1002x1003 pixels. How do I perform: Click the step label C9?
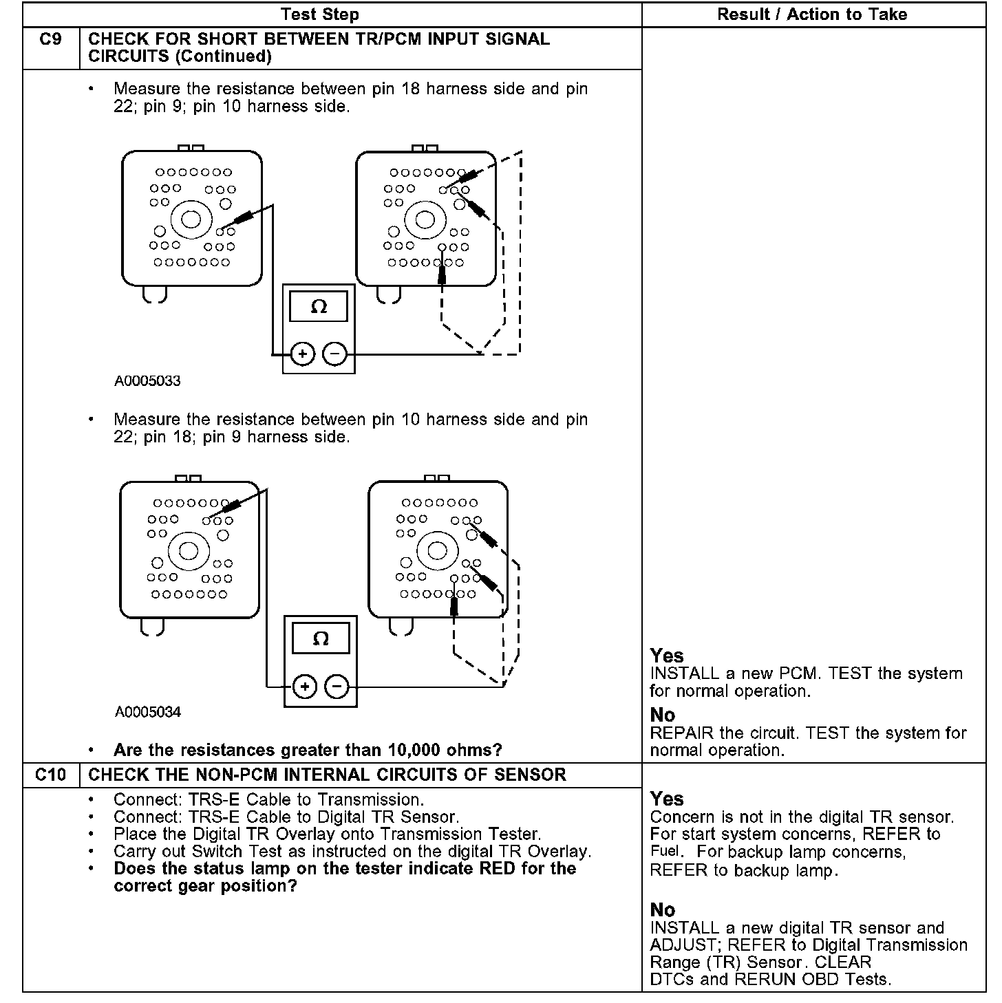51,40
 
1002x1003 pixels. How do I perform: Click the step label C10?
51,775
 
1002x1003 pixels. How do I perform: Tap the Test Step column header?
320,14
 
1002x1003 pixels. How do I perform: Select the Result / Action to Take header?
812,14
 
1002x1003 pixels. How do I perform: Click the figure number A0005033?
147,381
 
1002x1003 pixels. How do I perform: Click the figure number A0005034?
148,712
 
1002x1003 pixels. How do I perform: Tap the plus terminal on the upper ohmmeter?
302,354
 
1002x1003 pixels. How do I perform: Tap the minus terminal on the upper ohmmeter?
334,354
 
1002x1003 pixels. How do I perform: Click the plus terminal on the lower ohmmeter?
304,687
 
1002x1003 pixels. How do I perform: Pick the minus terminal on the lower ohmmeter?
337,687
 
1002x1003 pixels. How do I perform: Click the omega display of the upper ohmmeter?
319,306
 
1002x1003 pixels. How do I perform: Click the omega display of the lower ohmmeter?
321,638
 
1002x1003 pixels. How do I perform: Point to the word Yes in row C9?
667,656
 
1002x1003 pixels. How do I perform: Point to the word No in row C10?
663,910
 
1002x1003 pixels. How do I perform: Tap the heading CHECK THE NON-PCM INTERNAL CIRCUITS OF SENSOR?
327,775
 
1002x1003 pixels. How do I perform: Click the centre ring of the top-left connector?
191,219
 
